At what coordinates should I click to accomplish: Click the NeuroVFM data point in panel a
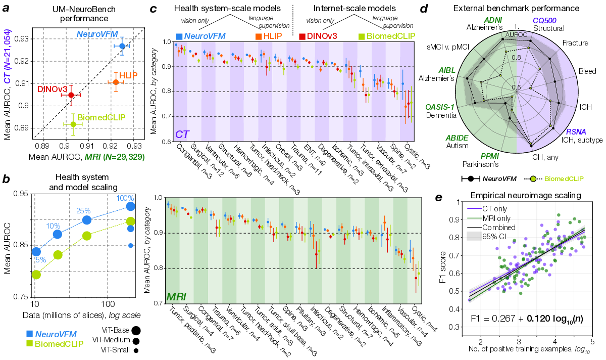[x=122, y=46]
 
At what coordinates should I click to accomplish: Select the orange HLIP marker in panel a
[x=116, y=82]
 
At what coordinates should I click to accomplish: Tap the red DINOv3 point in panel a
[x=71, y=95]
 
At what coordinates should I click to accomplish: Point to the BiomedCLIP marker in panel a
[x=74, y=124]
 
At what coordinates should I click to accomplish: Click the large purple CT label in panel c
[x=183, y=134]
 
